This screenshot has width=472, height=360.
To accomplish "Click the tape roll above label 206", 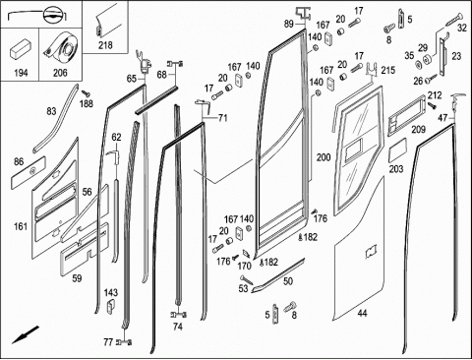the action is tap(61, 48).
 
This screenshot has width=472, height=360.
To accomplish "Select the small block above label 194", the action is tap(20, 48).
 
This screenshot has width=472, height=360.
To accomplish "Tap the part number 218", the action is tap(105, 45).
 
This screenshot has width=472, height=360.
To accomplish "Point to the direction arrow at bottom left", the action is tap(26, 334).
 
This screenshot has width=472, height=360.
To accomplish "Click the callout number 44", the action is tap(362, 314).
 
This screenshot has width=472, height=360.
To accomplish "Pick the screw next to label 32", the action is tap(453, 20).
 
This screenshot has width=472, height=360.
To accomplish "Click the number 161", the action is tap(21, 226).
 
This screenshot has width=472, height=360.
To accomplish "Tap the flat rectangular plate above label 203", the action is tap(397, 150).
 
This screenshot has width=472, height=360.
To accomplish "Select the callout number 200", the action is tap(324, 157).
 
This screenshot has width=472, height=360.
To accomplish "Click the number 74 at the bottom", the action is tap(177, 327).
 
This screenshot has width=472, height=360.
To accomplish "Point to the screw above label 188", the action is tap(87, 93).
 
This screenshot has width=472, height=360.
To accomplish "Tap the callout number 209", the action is tap(419, 130).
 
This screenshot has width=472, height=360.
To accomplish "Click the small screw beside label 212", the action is tap(432, 105).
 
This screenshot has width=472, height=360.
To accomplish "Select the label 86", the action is tap(19, 161).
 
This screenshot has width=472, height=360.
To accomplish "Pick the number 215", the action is tap(388, 70).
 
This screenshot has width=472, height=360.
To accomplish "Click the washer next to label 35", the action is tap(418, 64).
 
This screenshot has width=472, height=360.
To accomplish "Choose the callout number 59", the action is tap(77, 278).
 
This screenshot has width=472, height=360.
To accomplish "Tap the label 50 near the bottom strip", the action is tap(288, 281).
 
